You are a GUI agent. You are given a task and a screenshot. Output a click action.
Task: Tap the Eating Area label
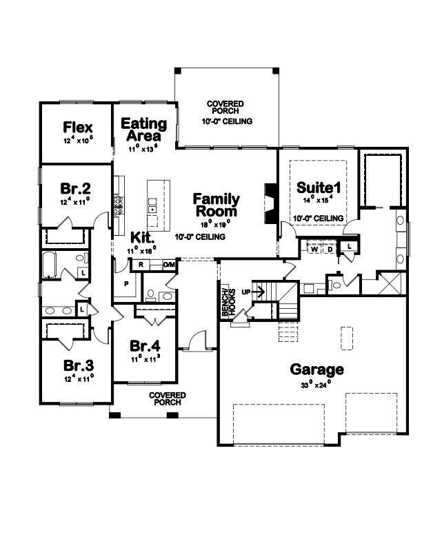point(144,129)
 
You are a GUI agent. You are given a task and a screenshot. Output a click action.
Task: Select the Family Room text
point(217,205)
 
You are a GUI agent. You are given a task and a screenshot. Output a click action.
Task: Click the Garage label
point(316,370)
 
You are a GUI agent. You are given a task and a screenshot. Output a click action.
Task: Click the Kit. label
point(142,236)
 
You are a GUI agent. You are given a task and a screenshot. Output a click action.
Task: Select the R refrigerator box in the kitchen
point(141,265)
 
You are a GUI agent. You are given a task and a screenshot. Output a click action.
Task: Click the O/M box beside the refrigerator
point(169,265)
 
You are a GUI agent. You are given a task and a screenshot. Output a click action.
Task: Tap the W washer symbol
point(314,250)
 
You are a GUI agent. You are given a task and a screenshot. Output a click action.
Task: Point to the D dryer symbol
point(330,250)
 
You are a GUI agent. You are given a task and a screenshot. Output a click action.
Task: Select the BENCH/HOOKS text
point(225,302)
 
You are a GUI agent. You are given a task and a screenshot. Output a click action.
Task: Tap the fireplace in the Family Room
point(270,204)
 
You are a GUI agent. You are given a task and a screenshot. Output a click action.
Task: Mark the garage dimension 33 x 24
point(316,385)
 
